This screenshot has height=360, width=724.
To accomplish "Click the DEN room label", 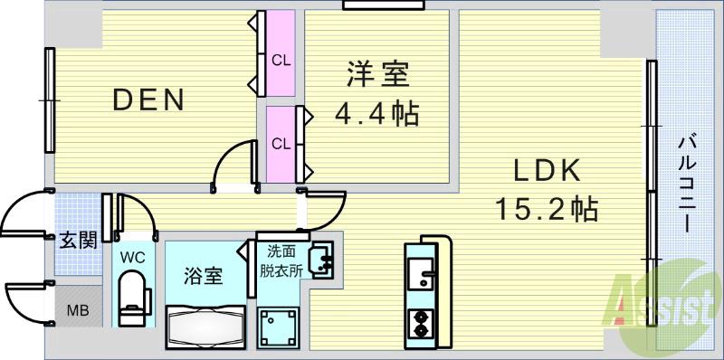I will pos(149,99).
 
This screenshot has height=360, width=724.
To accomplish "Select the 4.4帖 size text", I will pos(376,115).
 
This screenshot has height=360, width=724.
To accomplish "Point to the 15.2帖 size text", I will pos(545,210).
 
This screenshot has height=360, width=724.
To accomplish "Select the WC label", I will pos(134,256).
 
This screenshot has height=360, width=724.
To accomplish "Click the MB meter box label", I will pos(77,310).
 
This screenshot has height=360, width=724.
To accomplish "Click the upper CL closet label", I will pos(281,61).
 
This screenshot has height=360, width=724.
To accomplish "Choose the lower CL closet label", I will pos(281,143).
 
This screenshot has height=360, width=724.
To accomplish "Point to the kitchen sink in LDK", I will pos(421,272).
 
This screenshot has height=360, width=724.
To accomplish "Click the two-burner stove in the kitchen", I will pos(421,323).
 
